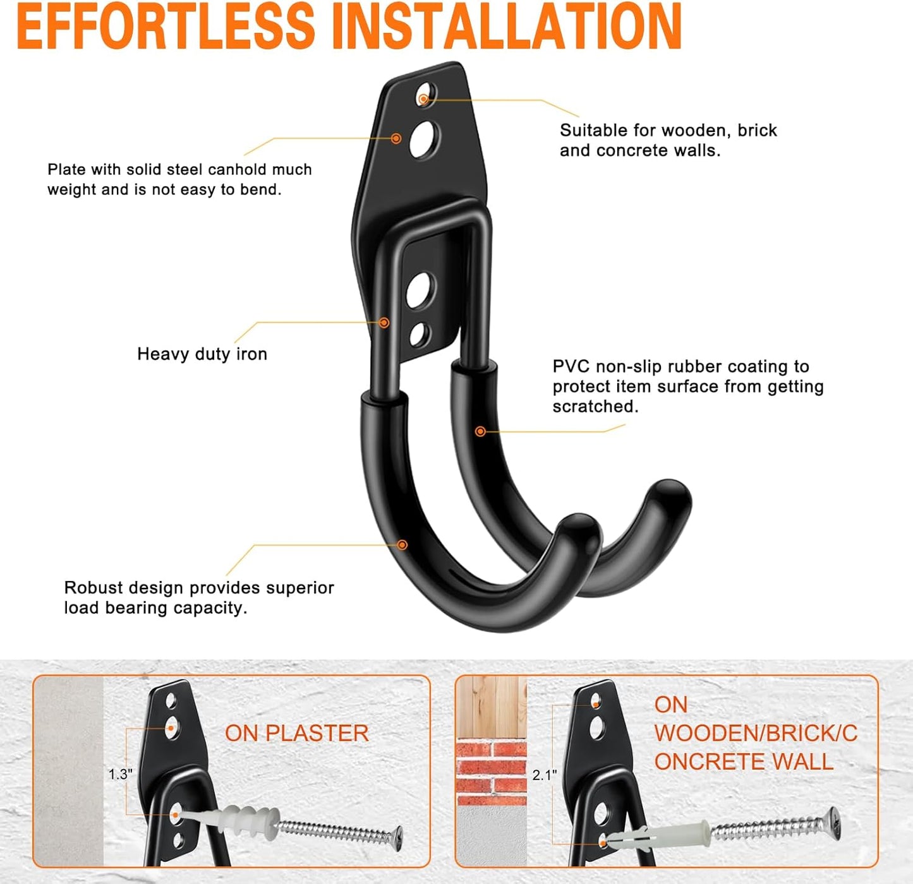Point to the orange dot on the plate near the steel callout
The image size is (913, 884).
click(396, 138)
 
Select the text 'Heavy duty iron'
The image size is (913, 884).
click(202, 354)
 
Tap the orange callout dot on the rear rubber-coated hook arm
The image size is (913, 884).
click(480, 431)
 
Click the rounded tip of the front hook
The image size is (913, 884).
click(577, 528)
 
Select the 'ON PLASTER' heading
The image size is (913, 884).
click(296, 733)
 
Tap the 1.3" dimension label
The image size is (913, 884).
click(120, 774)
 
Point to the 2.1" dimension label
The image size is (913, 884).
click(544, 775)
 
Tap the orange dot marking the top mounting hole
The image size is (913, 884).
click(423, 99)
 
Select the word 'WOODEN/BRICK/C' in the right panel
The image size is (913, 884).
click(756, 734)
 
